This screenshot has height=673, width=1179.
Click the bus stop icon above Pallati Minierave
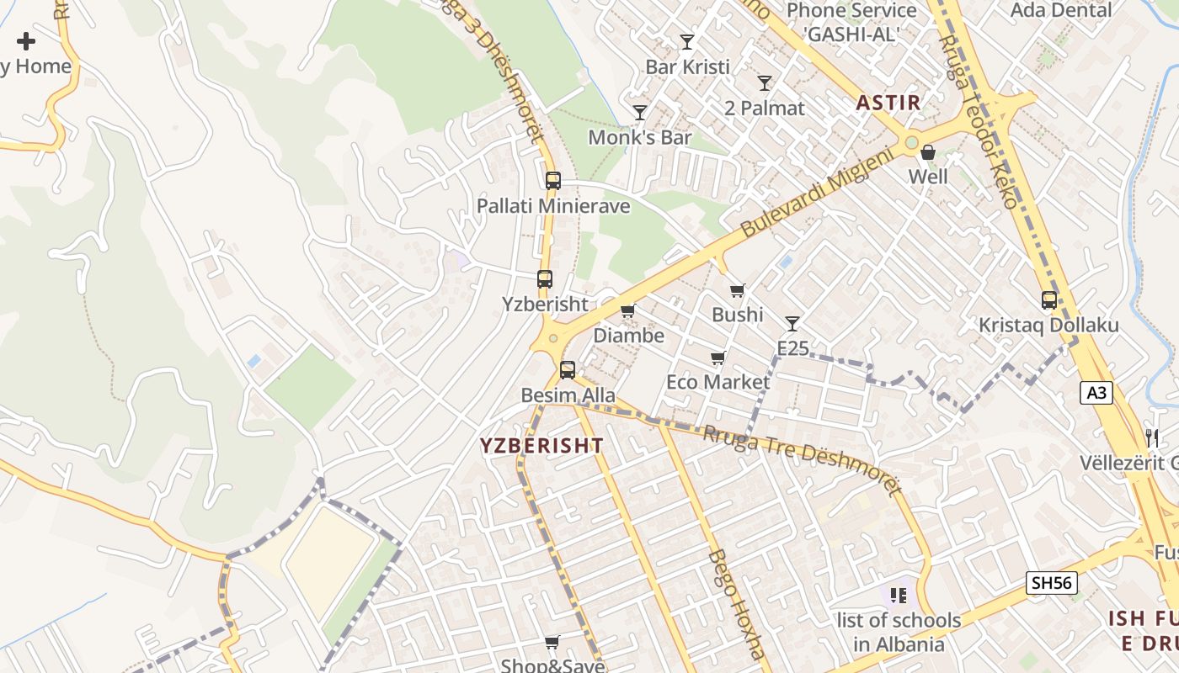(552, 180)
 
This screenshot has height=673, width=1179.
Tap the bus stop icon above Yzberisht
(545, 279)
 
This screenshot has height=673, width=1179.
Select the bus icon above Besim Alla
(568, 369)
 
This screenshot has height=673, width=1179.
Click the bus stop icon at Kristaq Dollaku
(1049, 300)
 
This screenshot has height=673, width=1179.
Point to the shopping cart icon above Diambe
(627, 311)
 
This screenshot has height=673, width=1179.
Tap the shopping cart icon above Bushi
(738, 291)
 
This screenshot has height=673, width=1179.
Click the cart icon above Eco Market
(718, 358)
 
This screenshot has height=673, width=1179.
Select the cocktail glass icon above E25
(792, 324)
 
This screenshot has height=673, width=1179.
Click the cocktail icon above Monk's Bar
(640, 113)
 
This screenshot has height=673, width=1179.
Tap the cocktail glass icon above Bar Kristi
(687, 42)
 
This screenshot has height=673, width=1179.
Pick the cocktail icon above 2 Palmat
(765, 83)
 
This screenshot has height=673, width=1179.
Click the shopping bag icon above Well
(928, 152)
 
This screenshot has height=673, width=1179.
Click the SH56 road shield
(1052, 582)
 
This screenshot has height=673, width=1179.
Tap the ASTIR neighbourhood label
(888, 103)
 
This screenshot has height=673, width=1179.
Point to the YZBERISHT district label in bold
(541, 446)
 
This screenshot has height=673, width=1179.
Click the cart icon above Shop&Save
(552, 643)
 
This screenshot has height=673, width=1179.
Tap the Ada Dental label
(1061, 11)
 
